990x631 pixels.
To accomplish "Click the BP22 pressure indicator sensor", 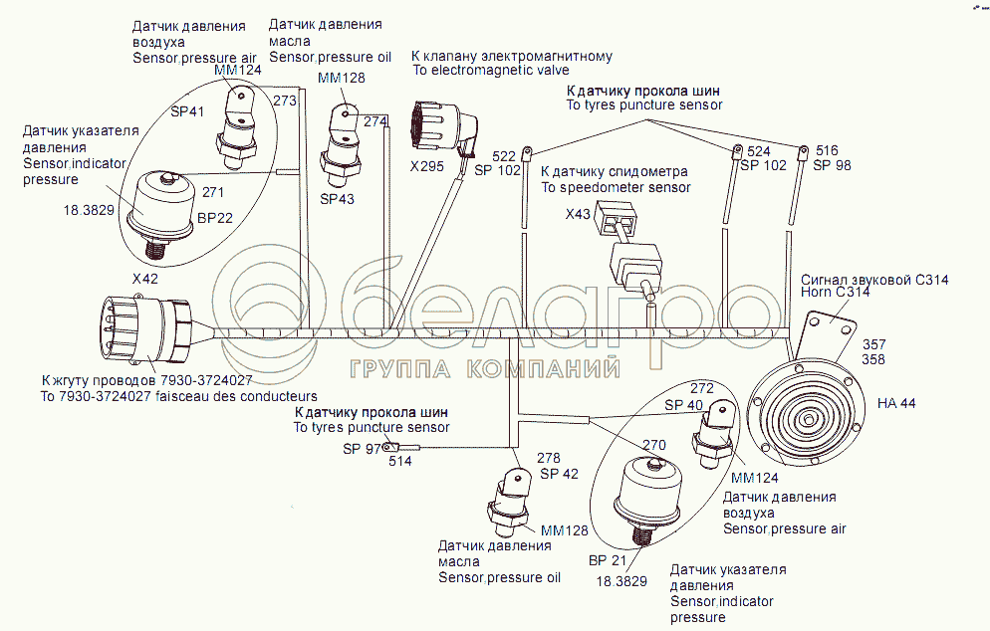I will [x=165, y=205].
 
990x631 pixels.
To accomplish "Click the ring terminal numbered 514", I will [x=391, y=448].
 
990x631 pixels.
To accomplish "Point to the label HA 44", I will [x=896, y=403].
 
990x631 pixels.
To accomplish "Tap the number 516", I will [x=827, y=150].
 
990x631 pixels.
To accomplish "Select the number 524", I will [x=759, y=151].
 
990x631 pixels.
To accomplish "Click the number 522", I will [x=505, y=156].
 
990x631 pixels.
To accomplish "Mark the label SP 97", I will [x=362, y=449].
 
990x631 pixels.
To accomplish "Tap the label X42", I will [x=144, y=280].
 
